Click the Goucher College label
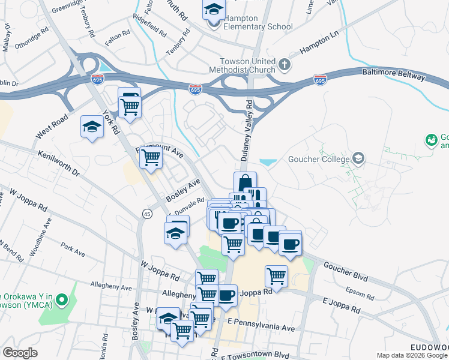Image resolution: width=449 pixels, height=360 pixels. click(x=318, y=160)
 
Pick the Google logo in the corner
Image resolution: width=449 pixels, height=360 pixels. click(x=20, y=353)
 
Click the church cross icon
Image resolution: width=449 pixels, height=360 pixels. click(x=284, y=64)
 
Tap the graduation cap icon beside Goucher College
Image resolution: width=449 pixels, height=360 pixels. click(x=358, y=158)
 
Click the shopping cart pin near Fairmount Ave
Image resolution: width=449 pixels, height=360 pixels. click(x=151, y=158)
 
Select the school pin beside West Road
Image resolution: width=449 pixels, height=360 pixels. click(x=92, y=127)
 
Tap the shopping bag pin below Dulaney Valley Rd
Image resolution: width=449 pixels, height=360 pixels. click(x=245, y=183)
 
